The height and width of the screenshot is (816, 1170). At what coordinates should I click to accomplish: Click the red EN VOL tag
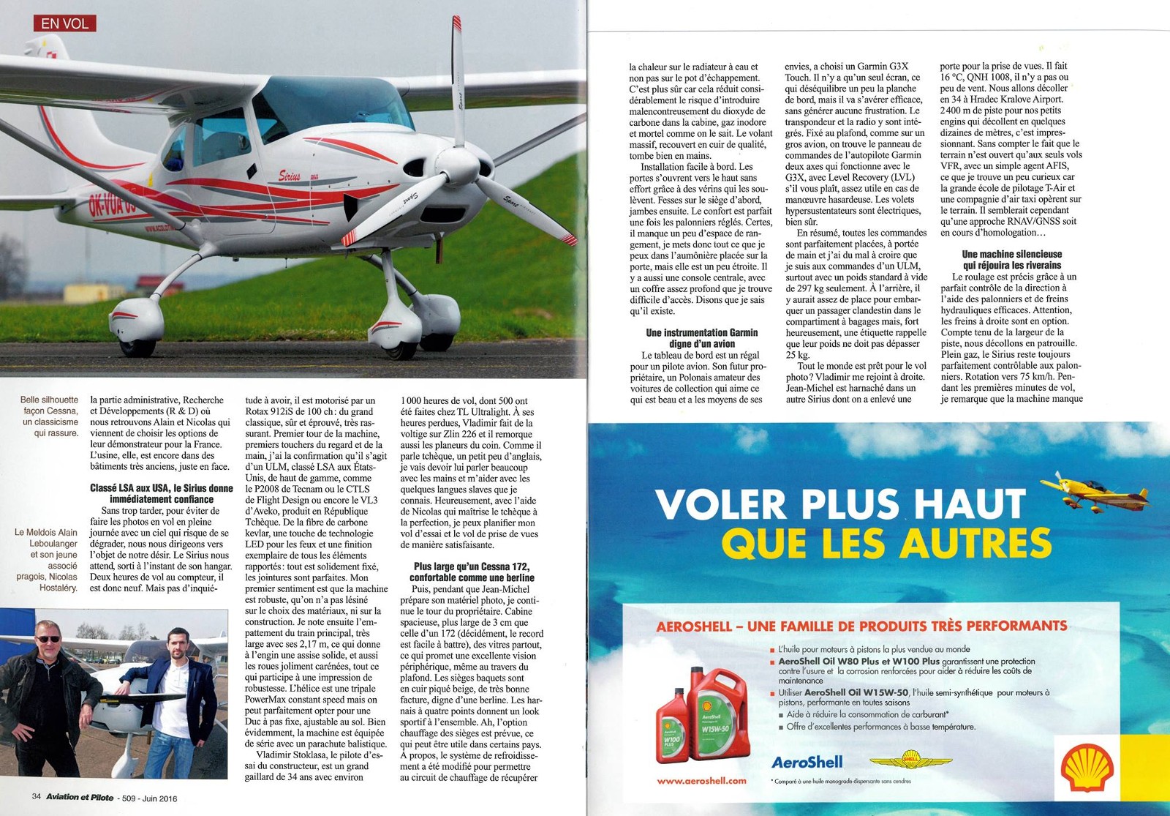64,23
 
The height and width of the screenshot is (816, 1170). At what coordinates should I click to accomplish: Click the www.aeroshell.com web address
701,781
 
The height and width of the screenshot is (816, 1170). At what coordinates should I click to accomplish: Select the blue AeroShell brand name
807,762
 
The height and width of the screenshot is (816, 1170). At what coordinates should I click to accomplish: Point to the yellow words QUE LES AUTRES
886,543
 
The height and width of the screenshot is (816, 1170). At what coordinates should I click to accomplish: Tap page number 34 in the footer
36,798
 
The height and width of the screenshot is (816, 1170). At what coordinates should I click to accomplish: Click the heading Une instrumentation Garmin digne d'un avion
701,338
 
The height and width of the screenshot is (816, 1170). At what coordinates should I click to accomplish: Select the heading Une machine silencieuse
1011,260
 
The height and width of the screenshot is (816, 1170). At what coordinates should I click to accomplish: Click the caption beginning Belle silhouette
49,416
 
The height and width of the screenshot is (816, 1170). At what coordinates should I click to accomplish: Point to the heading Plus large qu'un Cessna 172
471,572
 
